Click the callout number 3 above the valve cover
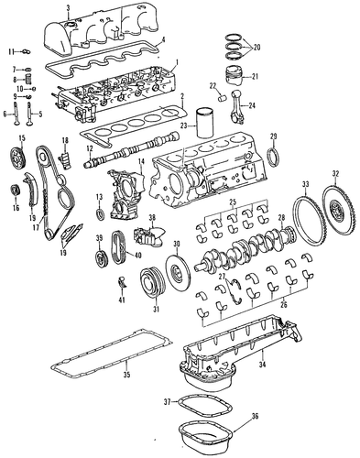(68, 8)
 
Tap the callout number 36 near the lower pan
(256, 417)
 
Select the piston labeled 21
(235, 76)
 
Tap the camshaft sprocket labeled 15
(18, 158)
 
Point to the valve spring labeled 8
(28, 80)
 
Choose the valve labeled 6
(16, 114)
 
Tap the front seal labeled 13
(100, 214)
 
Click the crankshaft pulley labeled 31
(152, 282)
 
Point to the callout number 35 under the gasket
(126, 375)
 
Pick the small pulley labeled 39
(100, 259)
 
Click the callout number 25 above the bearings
(233, 202)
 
